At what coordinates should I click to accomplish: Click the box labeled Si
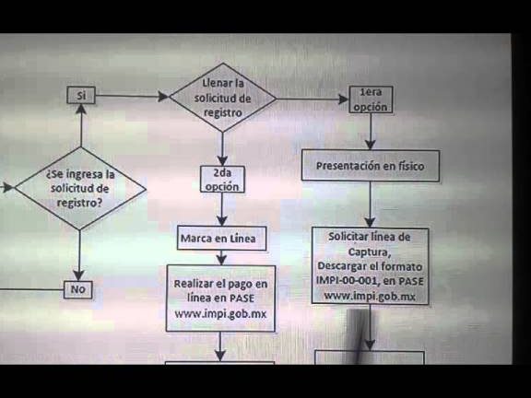81,95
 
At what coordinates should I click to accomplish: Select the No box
77,289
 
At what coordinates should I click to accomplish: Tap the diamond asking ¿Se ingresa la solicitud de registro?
80,189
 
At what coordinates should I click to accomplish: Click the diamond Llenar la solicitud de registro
222,98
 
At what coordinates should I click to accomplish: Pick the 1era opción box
371,99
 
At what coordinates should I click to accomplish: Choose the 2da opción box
222,180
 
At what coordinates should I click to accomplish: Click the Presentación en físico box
371,166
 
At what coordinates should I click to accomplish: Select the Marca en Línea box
221,239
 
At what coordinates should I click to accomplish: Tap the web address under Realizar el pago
220,314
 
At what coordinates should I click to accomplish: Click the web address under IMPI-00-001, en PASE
370,296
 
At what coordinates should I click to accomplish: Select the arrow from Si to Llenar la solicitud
132,96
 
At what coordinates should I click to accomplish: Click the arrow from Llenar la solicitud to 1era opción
313,99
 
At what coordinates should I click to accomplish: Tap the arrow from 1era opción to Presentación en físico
371,132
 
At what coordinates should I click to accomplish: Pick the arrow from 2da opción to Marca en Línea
222,209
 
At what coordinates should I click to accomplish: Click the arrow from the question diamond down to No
79,255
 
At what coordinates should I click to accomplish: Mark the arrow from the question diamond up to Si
81,125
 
